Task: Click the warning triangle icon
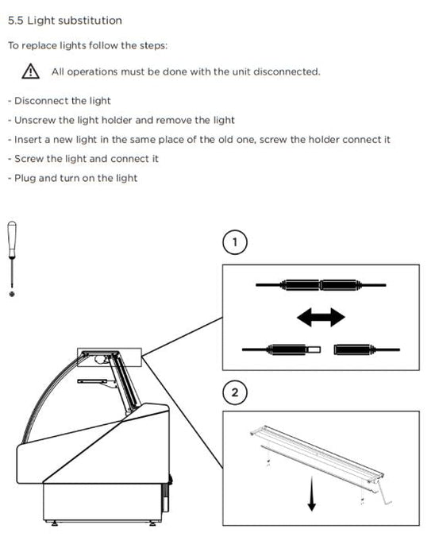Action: pyautogui.click(x=30, y=71)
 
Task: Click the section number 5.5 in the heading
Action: pyautogui.click(x=16, y=21)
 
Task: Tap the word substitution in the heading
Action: pyautogui.click(x=90, y=21)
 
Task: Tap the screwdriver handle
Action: pyautogui.click(x=12, y=238)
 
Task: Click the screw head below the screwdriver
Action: pyautogui.click(x=12, y=294)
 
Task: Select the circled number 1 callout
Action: pyautogui.click(x=235, y=242)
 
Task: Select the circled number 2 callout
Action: pyautogui.click(x=235, y=392)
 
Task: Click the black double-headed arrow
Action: pyautogui.click(x=321, y=317)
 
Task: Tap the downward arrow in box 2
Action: pyautogui.click(x=312, y=493)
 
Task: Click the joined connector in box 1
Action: pyautogui.click(x=321, y=284)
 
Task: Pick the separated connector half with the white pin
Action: pyautogui.click(x=282, y=349)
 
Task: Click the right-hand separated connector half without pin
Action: pyautogui.click(x=367, y=349)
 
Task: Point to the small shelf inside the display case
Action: pyautogui.click(x=92, y=381)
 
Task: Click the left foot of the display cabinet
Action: pyautogui.click(x=55, y=523)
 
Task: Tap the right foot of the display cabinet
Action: pyautogui.click(x=152, y=523)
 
